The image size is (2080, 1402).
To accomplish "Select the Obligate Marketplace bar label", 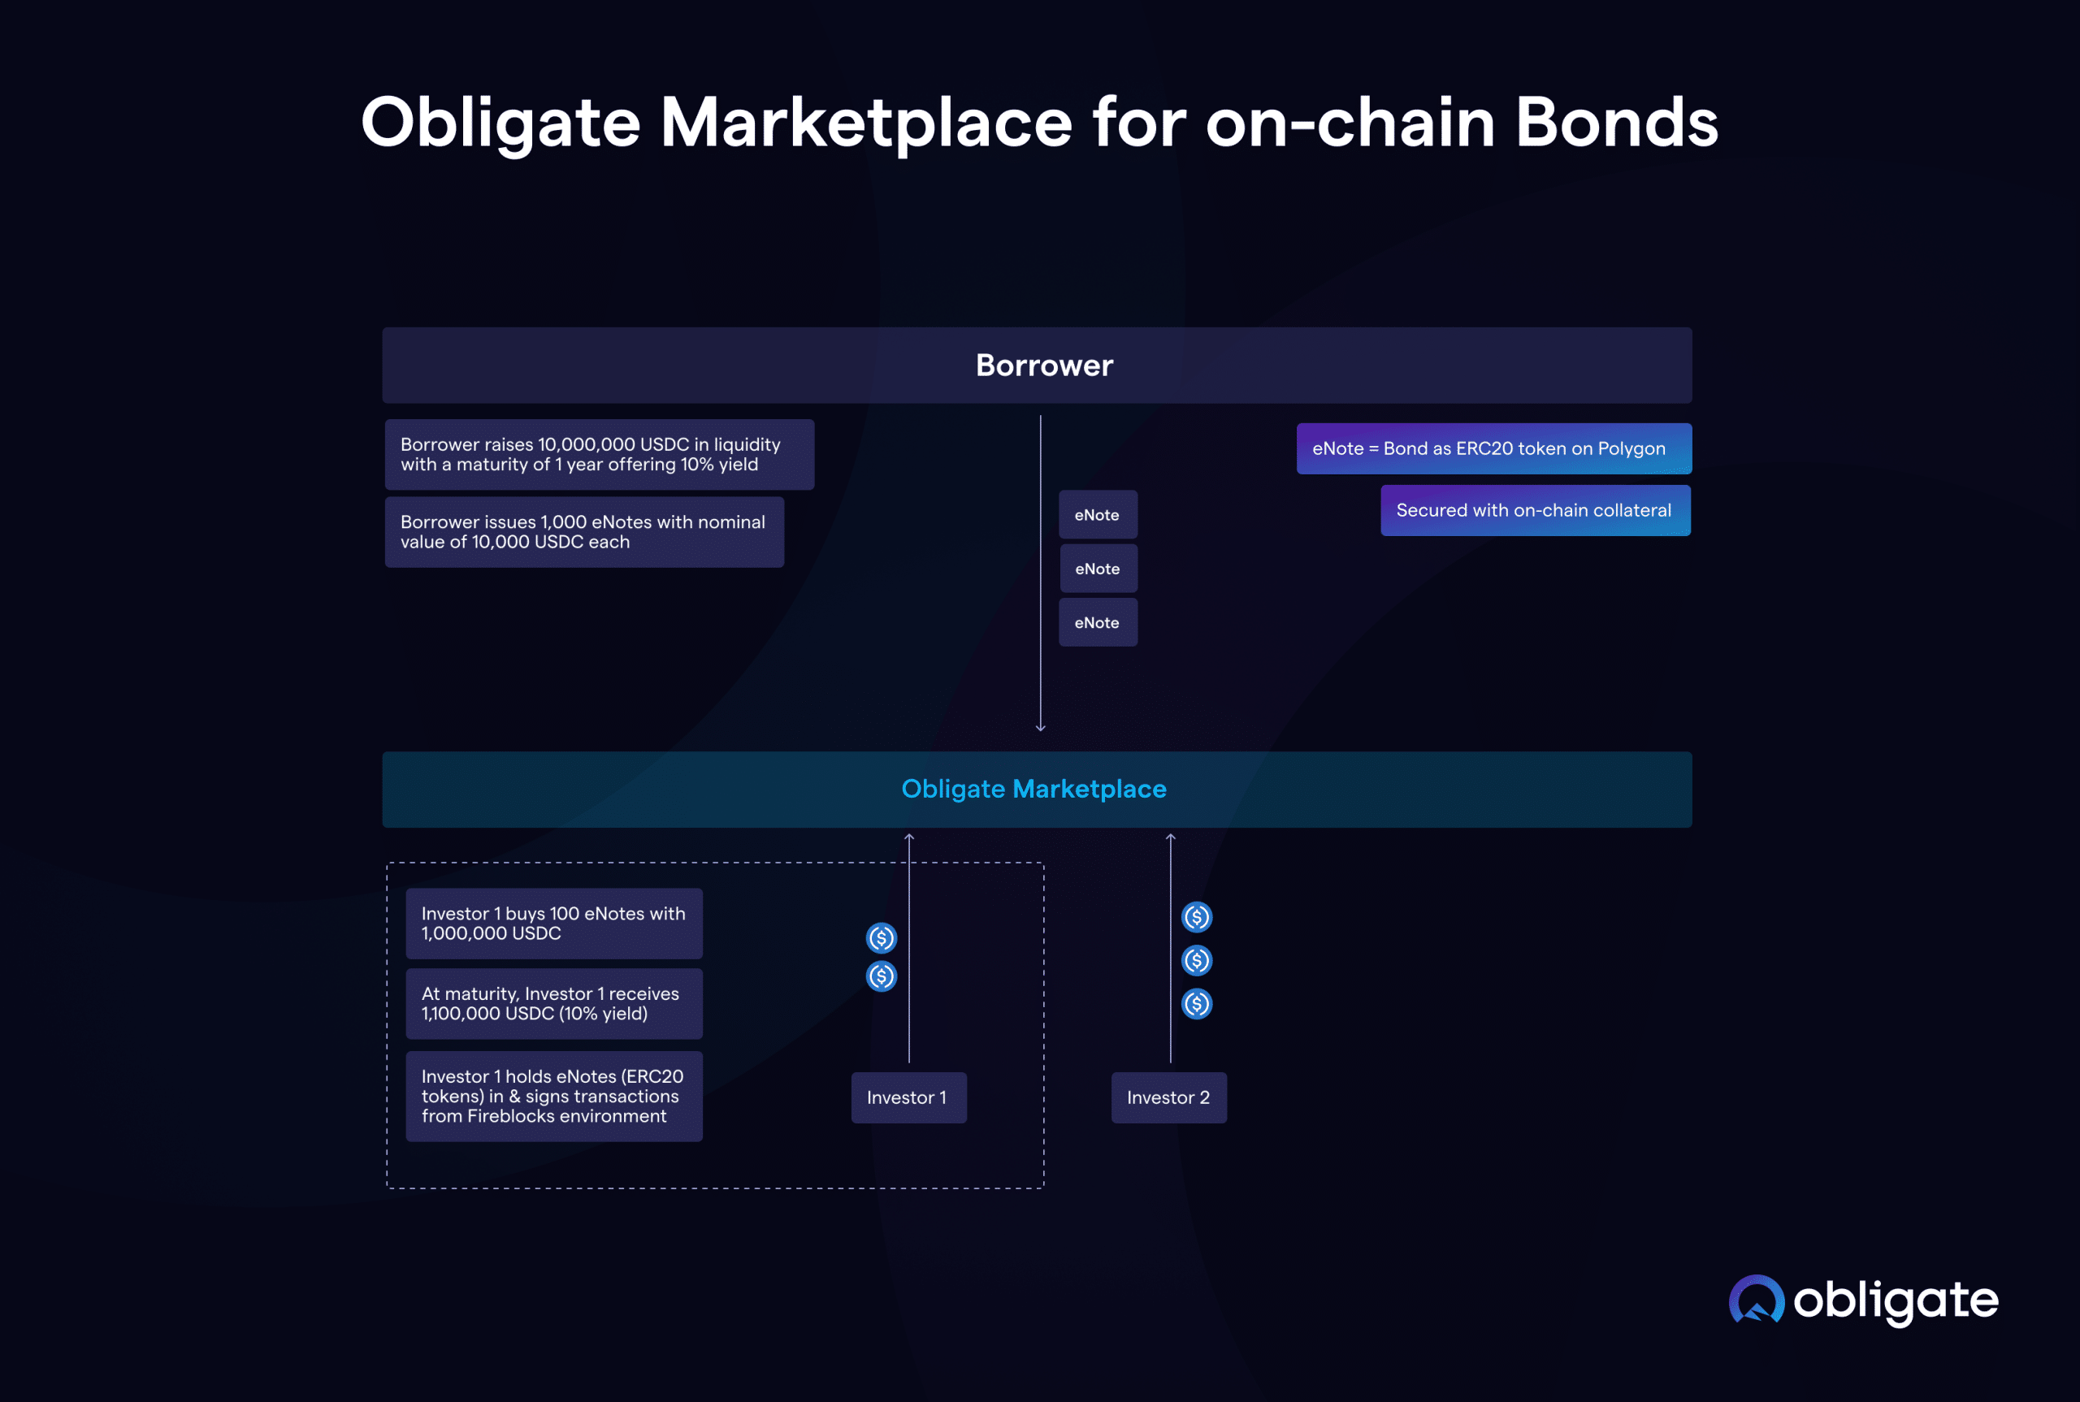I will tap(1033, 789).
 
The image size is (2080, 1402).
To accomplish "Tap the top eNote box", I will tap(1097, 515).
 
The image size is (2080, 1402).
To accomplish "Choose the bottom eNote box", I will tap(1097, 622).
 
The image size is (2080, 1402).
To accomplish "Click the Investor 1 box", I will tap(908, 1097).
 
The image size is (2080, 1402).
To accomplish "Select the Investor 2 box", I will tap(1168, 1097).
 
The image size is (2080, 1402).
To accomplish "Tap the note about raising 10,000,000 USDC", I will tap(598, 454).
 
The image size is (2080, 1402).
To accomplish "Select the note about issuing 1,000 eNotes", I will tap(583, 532).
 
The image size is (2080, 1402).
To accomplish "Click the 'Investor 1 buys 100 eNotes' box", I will tap(553, 923).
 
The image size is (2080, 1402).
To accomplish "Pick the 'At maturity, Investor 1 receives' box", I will tap(553, 1003).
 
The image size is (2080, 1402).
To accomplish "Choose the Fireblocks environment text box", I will tap(553, 1097).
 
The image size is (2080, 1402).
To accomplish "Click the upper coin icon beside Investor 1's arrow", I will tap(881, 938).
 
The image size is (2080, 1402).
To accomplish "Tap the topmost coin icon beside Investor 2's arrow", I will tap(1197, 916).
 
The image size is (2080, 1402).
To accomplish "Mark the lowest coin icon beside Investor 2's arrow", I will tap(1197, 1004).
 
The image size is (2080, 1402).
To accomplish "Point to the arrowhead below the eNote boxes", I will tap(1040, 728).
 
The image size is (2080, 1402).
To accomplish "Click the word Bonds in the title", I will tap(1616, 123).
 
